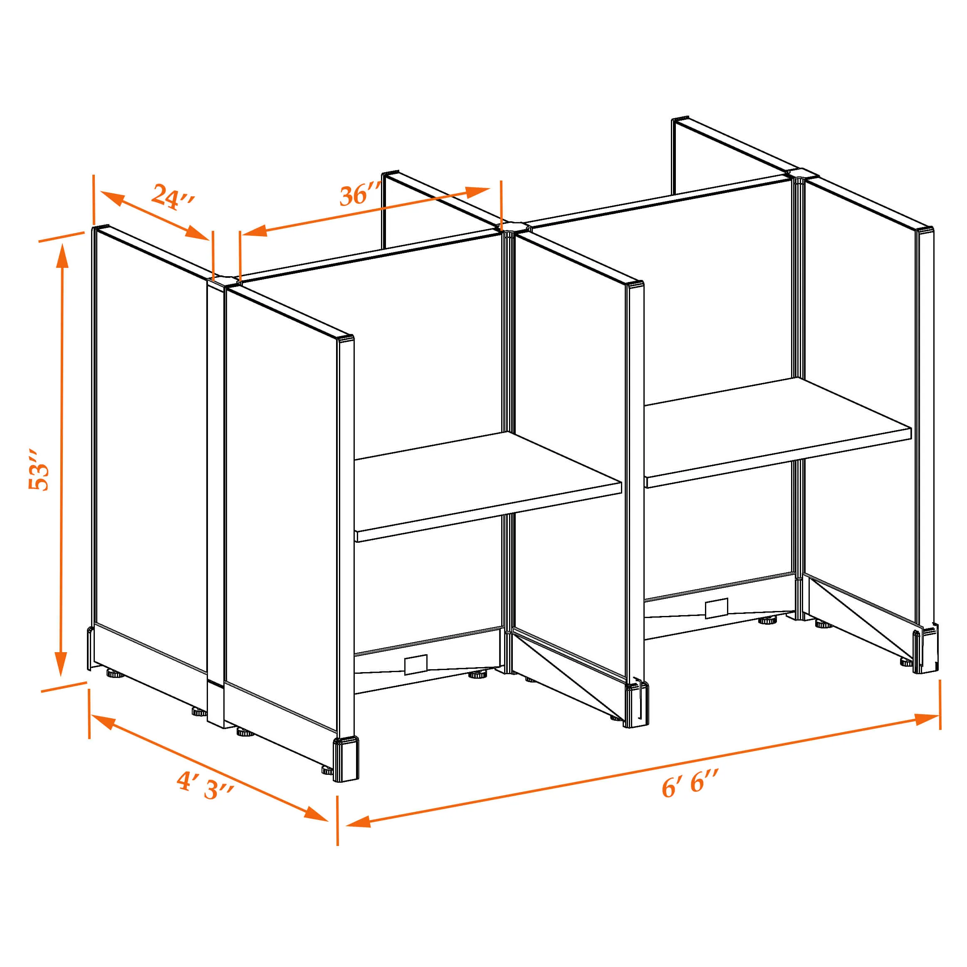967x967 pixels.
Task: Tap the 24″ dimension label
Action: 172,196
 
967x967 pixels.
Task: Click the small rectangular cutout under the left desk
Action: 415,664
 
